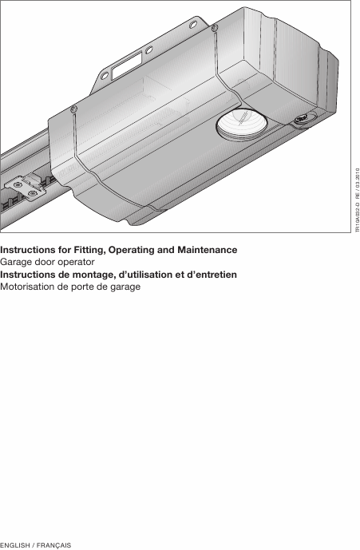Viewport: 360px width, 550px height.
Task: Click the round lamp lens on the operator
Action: (241, 124)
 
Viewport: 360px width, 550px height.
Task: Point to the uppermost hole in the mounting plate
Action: (193, 25)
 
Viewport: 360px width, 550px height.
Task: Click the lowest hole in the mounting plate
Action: (105, 75)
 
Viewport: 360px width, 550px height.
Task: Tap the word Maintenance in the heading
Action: (208, 250)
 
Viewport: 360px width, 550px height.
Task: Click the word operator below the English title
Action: (76, 263)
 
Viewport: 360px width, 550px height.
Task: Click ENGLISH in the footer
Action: (15, 545)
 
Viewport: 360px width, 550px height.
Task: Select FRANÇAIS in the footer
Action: (53, 545)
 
